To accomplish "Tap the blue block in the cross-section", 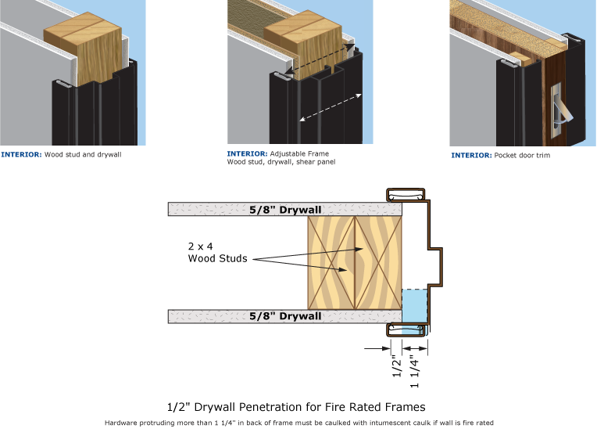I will [x=414, y=308].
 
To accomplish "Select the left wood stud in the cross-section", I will [x=331, y=263].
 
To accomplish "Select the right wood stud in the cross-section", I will [x=379, y=263].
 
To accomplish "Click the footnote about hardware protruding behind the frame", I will [x=299, y=423].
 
